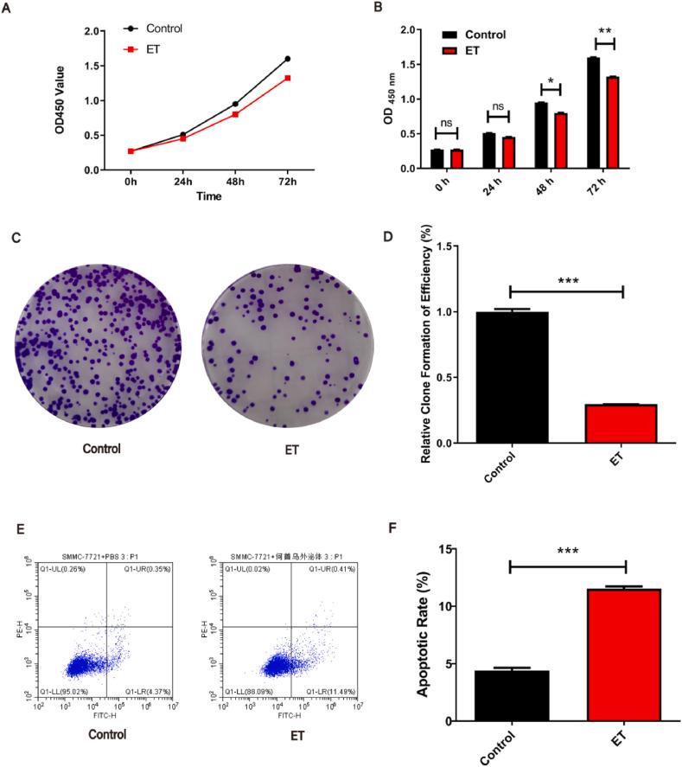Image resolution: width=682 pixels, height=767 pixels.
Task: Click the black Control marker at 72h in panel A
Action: pos(287,59)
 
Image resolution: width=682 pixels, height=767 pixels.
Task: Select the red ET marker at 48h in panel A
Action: pos(234,114)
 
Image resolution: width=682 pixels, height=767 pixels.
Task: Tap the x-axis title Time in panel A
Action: pos(207,197)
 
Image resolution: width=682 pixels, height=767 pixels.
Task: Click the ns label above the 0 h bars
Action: pos(447,123)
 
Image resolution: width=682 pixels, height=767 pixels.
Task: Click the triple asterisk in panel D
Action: pos(569,280)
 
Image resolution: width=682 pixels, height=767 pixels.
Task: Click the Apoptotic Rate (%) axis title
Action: pos(426,635)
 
